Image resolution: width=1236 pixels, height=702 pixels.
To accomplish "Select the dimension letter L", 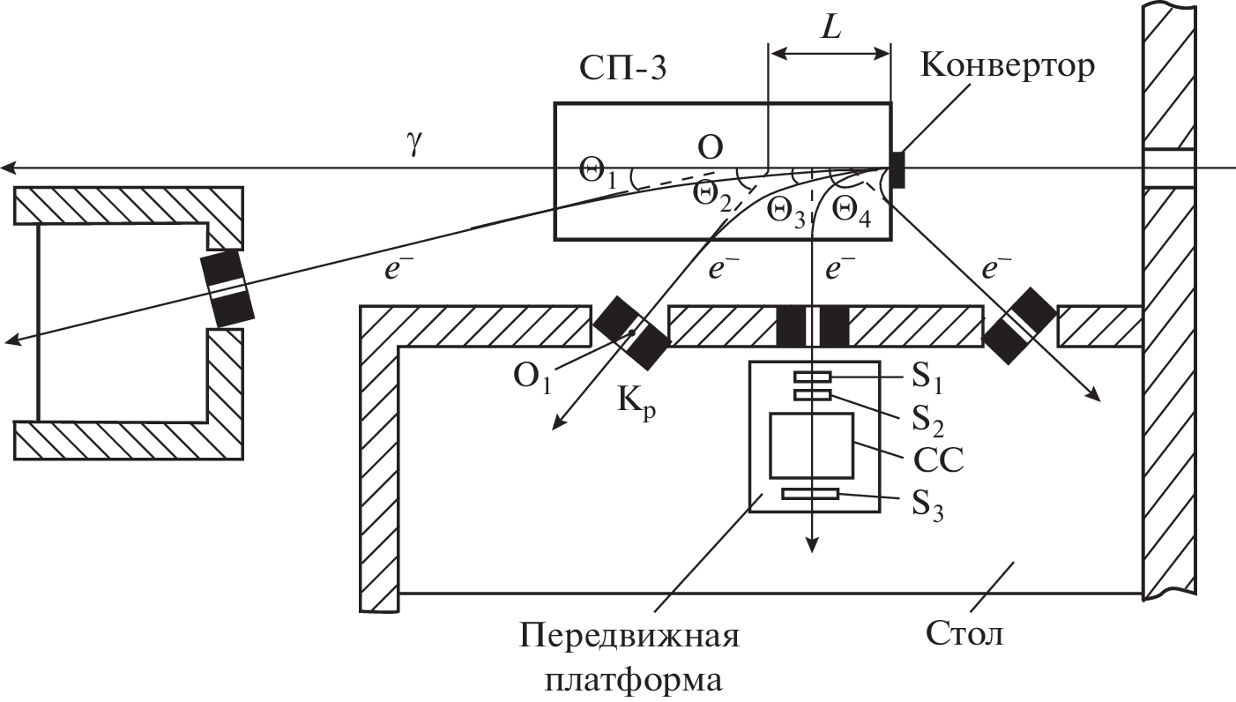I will (830, 27).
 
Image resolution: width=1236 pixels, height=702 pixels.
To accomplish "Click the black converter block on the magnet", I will (897, 169).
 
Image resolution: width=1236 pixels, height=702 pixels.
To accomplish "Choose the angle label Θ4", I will (852, 212).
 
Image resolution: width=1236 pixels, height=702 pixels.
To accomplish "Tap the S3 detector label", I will (926, 509).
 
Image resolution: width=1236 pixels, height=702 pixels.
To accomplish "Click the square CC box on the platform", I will (811, 444).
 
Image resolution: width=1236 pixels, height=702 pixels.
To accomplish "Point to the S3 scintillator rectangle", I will (811, 495).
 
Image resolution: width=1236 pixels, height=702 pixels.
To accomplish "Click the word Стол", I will (965, 633).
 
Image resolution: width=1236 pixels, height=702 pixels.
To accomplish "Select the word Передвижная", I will (628, 635).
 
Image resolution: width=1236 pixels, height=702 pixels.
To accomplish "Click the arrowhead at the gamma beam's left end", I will (7, 168).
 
